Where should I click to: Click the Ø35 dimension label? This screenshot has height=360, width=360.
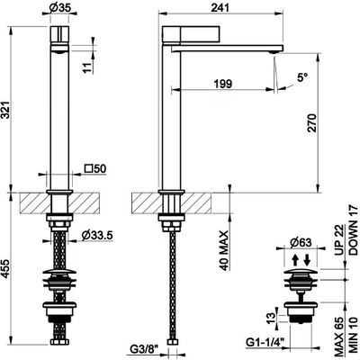(60, 8)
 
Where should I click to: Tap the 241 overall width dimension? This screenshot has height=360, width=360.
(220, 7)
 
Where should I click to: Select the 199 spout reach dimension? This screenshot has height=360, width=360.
(223, 84)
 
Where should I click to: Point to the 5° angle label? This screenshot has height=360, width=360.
(302, 78)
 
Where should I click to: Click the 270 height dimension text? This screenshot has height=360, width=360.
(312, 123)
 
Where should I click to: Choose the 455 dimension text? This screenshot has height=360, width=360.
(6, 269)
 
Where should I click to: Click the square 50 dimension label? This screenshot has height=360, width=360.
(95, 169)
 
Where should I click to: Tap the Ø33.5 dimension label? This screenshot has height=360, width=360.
(97, 236)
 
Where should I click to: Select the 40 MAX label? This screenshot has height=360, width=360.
(224, 251)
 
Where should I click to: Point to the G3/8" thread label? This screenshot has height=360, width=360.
(144, 349)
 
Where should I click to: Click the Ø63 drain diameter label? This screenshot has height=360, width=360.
(301, 242)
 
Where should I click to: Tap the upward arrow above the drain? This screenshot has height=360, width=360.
(295, 260)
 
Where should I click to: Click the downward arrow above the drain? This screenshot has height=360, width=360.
(307, 260)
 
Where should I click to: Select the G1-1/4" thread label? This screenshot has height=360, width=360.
(265, 342)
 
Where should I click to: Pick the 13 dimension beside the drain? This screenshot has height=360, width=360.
(271, 317)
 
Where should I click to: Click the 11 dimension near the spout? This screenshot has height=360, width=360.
(87, 67)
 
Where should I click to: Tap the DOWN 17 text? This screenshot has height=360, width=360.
(354, 230)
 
